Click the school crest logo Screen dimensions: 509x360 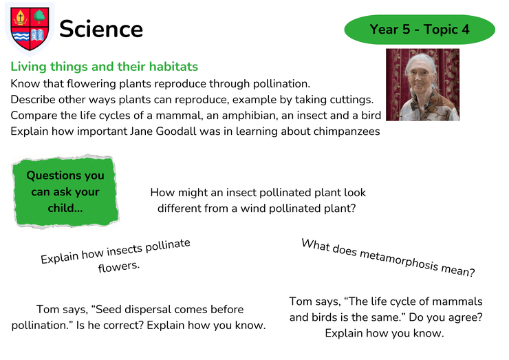pos(30,29)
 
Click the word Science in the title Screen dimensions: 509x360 pos(101,29)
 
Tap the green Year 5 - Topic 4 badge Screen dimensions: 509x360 pos(420,29)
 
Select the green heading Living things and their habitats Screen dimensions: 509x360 pos(104,66)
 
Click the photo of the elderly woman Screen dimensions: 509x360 pos(422,85)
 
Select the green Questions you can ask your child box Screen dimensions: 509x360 pos(65,191)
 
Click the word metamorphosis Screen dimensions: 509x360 pos(399,260)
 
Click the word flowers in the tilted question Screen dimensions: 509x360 pos(119,267)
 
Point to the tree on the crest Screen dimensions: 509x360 pos(39,17)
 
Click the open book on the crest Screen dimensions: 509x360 pos(37,35)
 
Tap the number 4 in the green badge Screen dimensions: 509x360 pos(466,29)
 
